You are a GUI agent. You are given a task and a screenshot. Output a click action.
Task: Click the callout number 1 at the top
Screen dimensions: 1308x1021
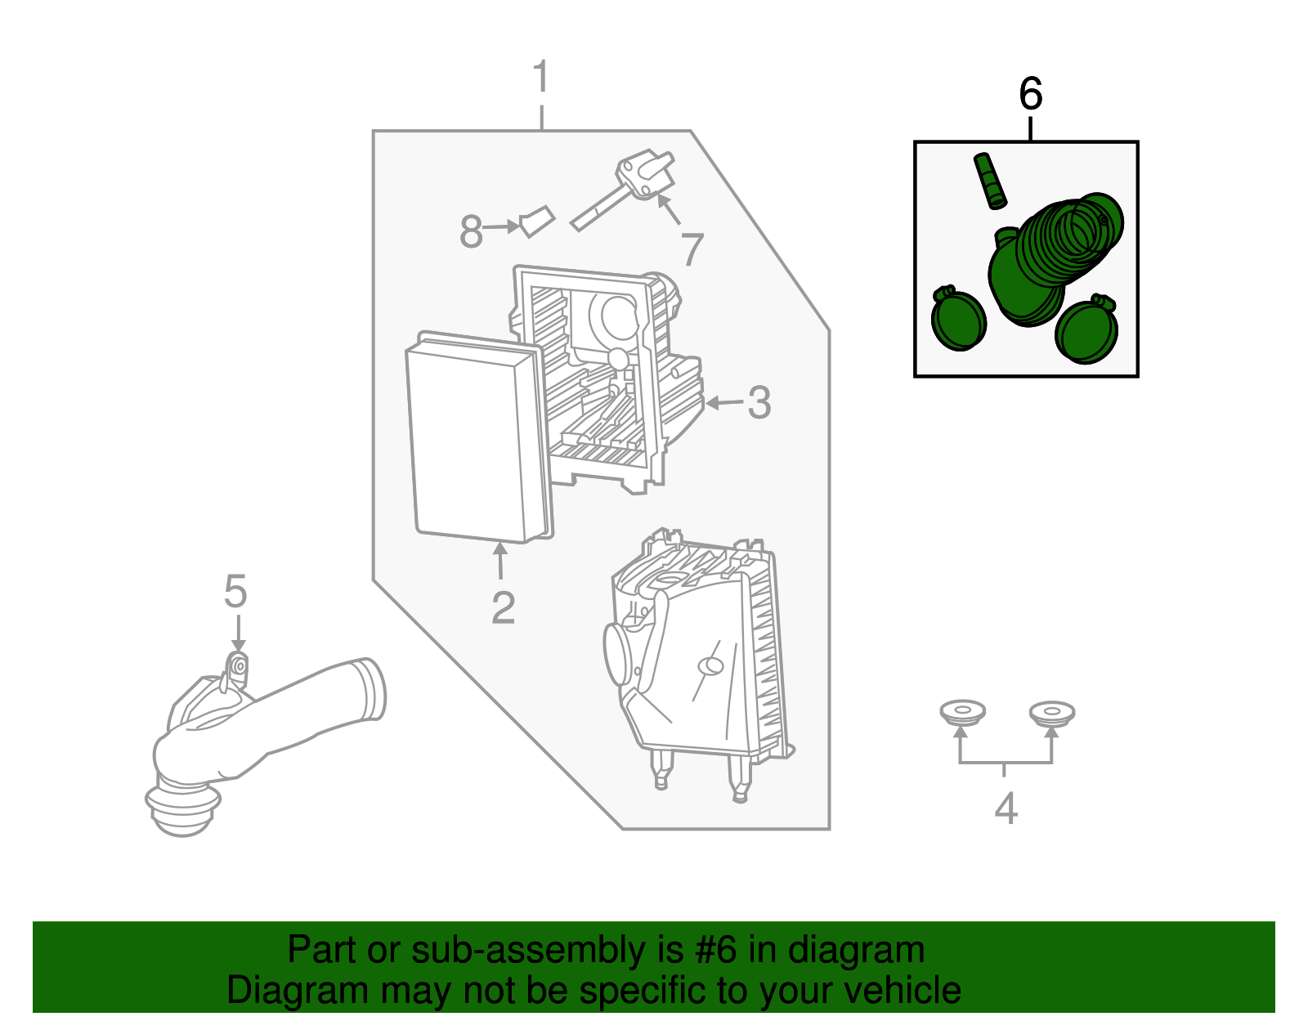[x=541, y=75]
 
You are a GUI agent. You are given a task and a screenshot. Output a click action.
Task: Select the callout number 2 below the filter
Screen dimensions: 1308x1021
[x=504, y=607]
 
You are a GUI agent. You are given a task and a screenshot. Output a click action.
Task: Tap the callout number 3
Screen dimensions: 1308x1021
[x=759, y=402]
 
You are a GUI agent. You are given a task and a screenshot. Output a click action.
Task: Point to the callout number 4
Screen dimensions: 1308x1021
[x=1006, y=808]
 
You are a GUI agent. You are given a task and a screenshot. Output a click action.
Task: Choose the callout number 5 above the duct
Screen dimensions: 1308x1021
[x=235, y=591]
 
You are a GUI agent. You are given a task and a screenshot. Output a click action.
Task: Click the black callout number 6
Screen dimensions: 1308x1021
[x=1031, y=93]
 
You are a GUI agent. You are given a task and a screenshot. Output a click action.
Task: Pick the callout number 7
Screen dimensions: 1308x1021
[x=692, y=249]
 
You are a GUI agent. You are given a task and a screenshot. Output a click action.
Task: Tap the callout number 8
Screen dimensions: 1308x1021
[x=471, y=231]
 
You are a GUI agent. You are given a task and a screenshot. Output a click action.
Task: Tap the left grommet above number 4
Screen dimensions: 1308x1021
[x=962, y=712]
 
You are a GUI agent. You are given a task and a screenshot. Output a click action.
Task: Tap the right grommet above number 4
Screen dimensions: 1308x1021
[x=1051, y=713]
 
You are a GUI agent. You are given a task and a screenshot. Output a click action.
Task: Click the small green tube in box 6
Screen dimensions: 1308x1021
[x=990, y=181]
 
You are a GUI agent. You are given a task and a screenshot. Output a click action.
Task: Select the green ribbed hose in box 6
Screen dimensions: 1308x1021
[x=1055, y=259]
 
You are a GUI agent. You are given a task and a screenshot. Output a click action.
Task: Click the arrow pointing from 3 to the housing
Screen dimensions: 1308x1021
[x=724, y=402]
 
